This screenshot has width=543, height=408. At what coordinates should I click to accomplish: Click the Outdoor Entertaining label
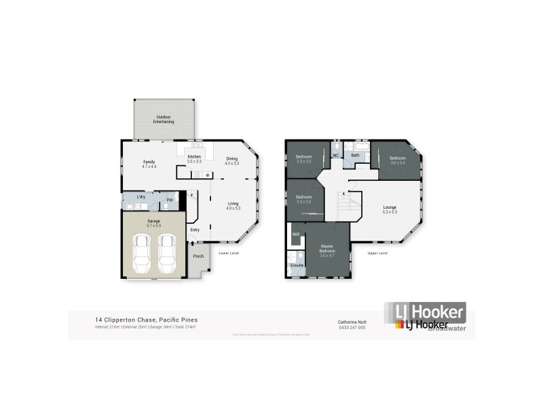[164, 119]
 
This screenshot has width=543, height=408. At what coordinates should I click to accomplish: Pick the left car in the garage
[143, 253]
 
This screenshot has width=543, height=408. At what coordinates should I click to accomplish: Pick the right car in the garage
[167, 253]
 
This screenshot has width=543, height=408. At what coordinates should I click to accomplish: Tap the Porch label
[198, 256]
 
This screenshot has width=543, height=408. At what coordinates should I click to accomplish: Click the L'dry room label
[141, 197]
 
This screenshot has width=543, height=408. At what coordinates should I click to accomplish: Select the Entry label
[195, 229]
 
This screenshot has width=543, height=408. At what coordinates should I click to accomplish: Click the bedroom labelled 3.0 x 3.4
[397, 160]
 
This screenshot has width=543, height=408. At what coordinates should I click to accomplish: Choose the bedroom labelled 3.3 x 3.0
[303, 199]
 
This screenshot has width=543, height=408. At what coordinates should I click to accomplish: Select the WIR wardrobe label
[296, 234]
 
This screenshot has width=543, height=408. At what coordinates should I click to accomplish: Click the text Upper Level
[377, 253]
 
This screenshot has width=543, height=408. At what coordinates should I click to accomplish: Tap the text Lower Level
[228, 253]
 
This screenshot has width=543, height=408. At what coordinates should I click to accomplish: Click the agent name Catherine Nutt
[352, 321]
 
